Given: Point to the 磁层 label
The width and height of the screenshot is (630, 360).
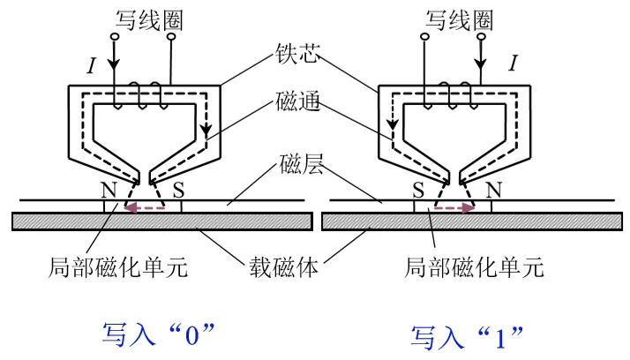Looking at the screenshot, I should point(295,165).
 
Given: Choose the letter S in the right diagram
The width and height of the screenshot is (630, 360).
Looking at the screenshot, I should point(421,189).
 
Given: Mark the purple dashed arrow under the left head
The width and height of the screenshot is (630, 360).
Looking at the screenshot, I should point(143,209).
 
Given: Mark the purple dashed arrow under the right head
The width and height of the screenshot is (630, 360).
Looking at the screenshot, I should point(451,209).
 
